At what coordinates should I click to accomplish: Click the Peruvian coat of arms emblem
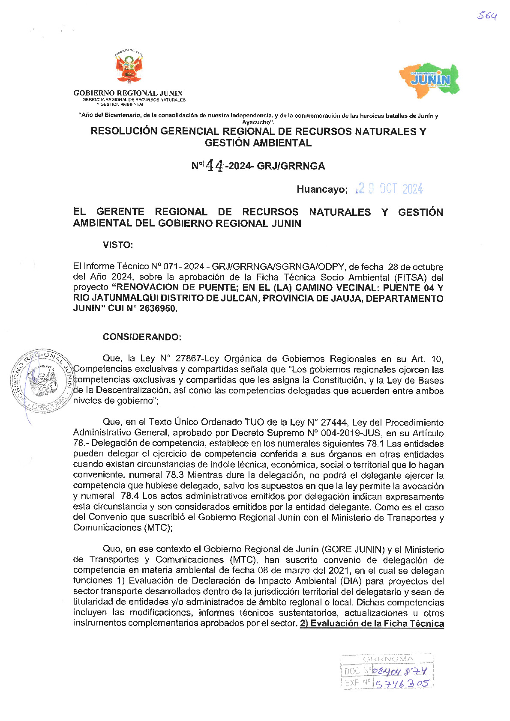pos(129,68)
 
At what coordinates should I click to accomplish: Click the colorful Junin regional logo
pos(429,80)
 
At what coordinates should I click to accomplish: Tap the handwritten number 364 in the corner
pos(487,16)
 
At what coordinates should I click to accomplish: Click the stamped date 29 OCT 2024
pos(389,189)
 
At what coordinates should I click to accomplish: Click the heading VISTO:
pos(118,245)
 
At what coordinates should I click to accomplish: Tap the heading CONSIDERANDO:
pos(142,337)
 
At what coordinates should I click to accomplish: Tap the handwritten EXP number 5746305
pos(402,684)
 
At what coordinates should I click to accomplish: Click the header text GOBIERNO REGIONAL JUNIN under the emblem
pos(128,93)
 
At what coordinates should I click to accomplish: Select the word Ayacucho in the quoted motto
pos(257,122)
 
